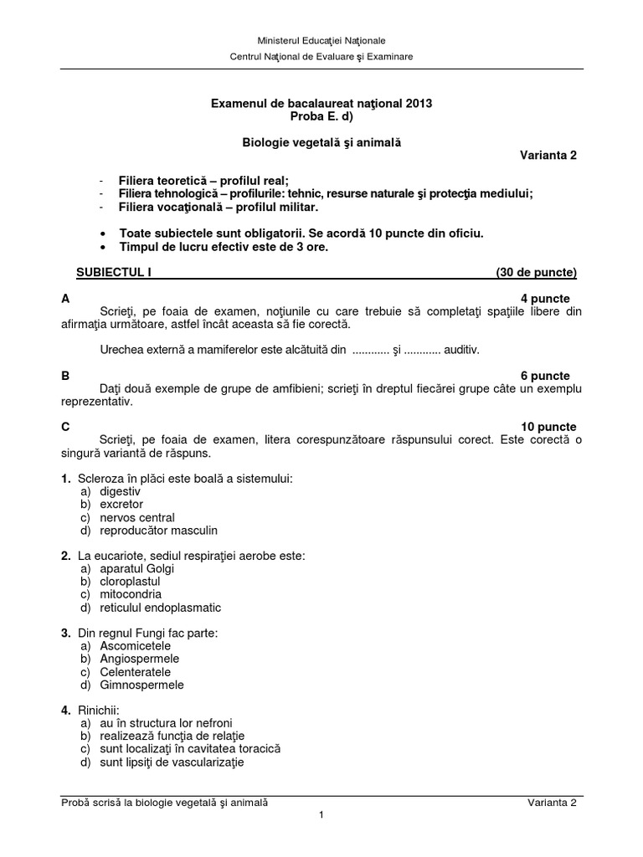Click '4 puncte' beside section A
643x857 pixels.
pyautogui.click(x=545, y=299)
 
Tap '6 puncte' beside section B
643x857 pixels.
pyautogui.click(x=545, y=377)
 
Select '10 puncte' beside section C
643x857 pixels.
pyautogui.click(x=542, y=427)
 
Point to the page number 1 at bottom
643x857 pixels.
pyautogui.click(x=321, y=817)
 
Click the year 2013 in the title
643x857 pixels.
pyautogui.click(x=419, y=103)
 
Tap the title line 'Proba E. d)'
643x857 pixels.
pyautogui.click(x=321, y=116)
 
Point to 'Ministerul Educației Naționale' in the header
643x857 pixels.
pyautogui.click(x=321, y=40)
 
